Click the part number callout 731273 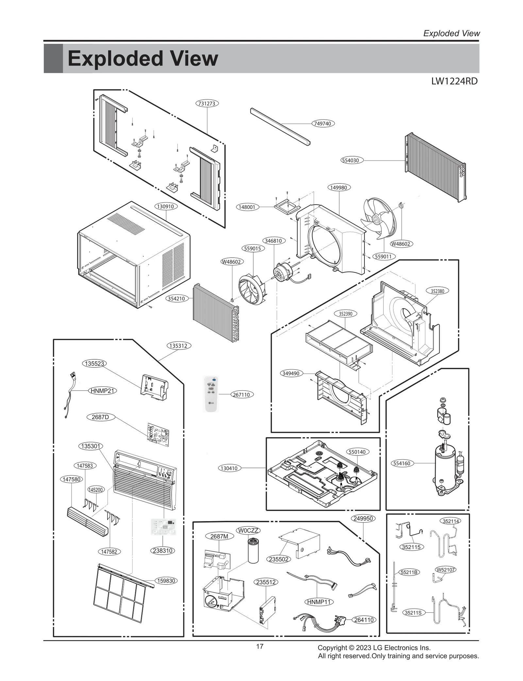207,103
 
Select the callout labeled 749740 322,124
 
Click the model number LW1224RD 454,81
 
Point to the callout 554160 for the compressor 402,463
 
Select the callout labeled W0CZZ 248,530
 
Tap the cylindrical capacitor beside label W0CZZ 253,551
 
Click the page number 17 260,646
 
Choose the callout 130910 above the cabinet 166,206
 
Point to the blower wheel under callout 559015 252,289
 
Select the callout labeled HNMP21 102,391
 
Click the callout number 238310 162,551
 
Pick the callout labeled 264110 364,620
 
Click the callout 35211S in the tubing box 413,613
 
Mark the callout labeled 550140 357,452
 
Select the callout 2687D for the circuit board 100,417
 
